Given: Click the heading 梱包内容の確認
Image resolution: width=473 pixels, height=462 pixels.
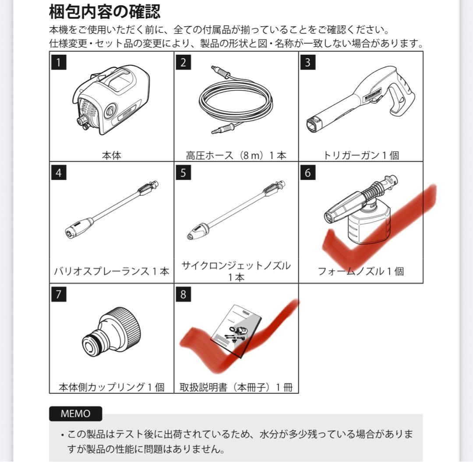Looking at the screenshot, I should click(x=105, y=12).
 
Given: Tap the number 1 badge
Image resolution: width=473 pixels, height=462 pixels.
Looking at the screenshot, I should click(x=59, y=62).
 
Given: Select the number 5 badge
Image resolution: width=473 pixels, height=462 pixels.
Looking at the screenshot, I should click(x=183, y=173).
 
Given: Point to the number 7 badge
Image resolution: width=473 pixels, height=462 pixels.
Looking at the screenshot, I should click(x=59, y=294).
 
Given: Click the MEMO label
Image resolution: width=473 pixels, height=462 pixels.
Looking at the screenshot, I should click(x=75, y=414).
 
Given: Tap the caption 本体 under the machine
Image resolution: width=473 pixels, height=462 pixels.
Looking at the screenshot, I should click(x=111, y=155).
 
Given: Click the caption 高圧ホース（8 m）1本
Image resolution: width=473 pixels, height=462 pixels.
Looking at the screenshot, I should click(x=236, y=155).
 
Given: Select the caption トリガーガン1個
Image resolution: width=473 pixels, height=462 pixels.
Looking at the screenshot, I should click(x=361, y=155).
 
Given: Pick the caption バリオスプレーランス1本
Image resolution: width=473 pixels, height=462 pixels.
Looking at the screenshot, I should click(x=111, y=271).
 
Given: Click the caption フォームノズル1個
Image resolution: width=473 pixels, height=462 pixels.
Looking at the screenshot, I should click(x=361, y=271).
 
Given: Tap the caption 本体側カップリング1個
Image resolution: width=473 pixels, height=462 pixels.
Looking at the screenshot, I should click(x=111, y=387).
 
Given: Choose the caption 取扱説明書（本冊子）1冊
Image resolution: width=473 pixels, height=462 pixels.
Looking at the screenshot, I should click(x=236, y=387).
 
